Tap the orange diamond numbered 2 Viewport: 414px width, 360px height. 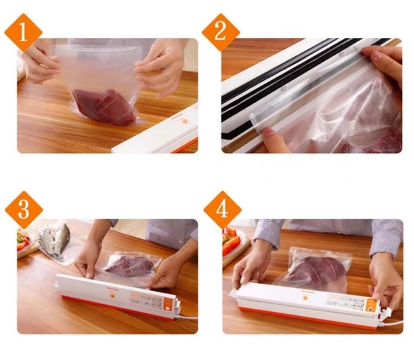(x=221, y=32)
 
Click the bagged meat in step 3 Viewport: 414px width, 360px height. (x=128, y=266)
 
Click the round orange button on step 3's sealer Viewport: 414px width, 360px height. (x=113, y=295)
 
